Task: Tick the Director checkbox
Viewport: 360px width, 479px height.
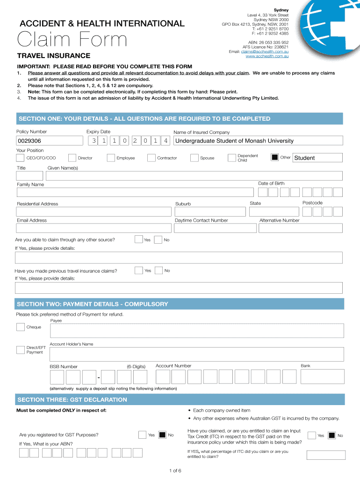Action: [72, 158]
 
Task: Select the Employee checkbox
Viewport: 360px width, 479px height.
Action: [111, 158]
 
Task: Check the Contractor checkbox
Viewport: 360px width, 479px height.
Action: [151, 158]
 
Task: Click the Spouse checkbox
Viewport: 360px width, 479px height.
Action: [194, 158]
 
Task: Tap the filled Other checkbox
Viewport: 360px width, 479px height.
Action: [275, 158]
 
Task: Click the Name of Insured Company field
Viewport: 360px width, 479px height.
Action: [258, 141]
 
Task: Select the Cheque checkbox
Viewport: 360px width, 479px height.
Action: [21, 327]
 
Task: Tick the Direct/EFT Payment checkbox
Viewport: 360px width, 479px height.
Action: [21, 350]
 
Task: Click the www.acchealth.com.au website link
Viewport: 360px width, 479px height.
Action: [267, 56]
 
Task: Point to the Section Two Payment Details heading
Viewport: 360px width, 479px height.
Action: [92, 304]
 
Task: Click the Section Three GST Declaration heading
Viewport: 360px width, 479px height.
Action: [72, 399]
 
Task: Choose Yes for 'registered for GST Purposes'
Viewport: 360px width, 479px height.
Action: [143, 435]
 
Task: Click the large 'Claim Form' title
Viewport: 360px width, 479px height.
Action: [72, 40]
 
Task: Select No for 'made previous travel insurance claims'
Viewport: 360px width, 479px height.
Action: [158, 270]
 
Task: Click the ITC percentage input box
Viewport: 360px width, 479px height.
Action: [326, 455]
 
